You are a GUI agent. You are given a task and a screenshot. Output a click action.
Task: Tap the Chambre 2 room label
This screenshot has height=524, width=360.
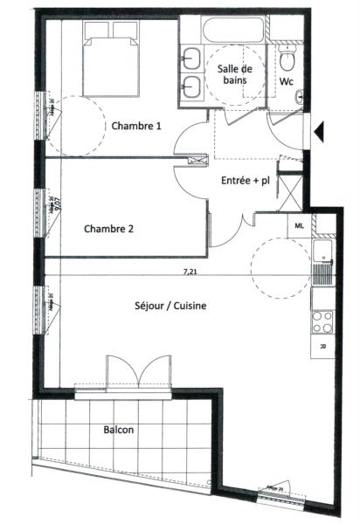108,230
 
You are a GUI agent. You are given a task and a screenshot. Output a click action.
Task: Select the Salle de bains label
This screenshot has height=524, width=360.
233,74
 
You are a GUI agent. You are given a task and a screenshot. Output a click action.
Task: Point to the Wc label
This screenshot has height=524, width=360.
286,82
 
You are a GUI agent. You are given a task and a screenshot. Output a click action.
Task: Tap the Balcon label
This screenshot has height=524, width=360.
118,431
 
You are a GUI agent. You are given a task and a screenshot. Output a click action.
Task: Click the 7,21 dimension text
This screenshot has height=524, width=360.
190,271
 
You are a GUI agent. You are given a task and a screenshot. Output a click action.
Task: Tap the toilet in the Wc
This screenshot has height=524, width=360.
287,58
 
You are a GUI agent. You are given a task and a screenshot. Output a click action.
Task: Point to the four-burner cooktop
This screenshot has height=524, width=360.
322,321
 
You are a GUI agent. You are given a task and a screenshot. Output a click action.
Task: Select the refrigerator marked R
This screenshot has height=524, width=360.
322,346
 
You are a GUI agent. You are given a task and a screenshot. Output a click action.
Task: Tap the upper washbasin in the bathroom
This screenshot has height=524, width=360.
190,61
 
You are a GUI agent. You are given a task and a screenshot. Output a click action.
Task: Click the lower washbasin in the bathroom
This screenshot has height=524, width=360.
190,86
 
